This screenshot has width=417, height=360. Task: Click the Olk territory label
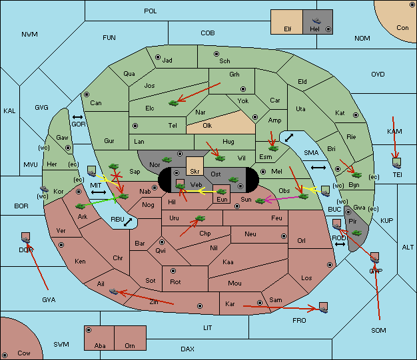click(x=207, y=125)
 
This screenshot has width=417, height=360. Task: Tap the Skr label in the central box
click(x=195, y=172)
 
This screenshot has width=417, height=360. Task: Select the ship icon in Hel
click(x=316, y=21)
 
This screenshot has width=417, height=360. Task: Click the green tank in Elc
click(x=174, y=103)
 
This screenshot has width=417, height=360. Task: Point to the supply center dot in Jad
click(x=158, y=57)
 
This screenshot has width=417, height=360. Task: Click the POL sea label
click(x=151, y=11)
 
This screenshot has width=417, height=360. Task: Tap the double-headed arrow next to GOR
click(x=77, y=117)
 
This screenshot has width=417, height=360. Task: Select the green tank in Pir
click(x=356, y=233)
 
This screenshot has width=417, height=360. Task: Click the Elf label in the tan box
click(x=288, y=29)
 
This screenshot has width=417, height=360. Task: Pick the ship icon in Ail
click(x=113, y=291)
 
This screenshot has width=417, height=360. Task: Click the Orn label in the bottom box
click(x=130, y=345)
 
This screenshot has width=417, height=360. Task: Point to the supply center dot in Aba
click(x=89, y=330)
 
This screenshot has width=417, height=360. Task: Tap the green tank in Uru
click(x=200, y=218)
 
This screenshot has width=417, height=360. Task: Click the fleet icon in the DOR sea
click(x=25, y=238)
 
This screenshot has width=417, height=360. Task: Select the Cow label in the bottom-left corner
click(x=24, y=353)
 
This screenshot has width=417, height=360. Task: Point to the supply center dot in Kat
click(x=356, y=115)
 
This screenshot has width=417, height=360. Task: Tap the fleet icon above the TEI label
click(x=396, y=163)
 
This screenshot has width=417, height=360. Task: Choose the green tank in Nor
click(x=167, y=160)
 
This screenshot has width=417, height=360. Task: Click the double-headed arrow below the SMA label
click(x=318, y=168)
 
